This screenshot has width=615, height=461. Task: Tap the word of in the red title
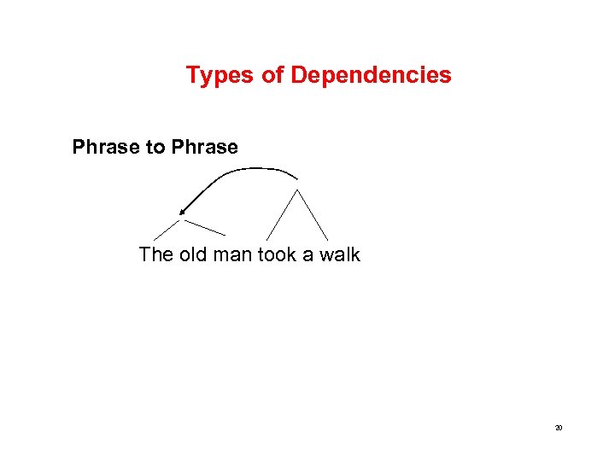[272, 75]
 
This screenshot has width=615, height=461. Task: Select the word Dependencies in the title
[371, 75]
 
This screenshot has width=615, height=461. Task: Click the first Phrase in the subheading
[107, 147]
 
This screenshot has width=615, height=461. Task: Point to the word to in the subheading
[156, 147]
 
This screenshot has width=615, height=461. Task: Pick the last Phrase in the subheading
[204, 147]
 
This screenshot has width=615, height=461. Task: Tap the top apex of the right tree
[296, 190]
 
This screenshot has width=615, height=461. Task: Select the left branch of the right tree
[282, 214]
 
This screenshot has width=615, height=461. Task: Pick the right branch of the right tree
[312, 214]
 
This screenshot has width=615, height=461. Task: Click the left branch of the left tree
[167, 229]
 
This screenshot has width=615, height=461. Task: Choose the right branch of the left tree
[205, 227]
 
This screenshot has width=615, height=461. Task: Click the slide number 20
[558, 428]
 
